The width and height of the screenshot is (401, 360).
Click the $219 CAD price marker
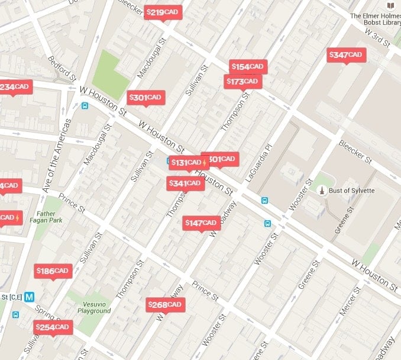click(163, 12)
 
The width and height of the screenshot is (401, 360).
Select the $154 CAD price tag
click(248, 67)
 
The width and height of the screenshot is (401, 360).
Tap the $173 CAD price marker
click(242, 81)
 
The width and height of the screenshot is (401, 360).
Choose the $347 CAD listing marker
click(347, 55)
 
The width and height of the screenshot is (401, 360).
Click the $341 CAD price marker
click(186, 184)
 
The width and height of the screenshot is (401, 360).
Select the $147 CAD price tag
click(202, 223)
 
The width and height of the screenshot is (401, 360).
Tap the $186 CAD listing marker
click(53, 271)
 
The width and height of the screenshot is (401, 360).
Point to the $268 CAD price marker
click(166, 305)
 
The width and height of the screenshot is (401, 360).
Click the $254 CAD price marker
click(53, 327)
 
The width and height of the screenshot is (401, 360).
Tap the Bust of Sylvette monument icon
click(321, 190)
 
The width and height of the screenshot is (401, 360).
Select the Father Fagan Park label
click(46, 217)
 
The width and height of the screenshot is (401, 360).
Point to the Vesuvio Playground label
click(94, 307)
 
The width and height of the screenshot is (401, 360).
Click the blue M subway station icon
click(29, 297)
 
